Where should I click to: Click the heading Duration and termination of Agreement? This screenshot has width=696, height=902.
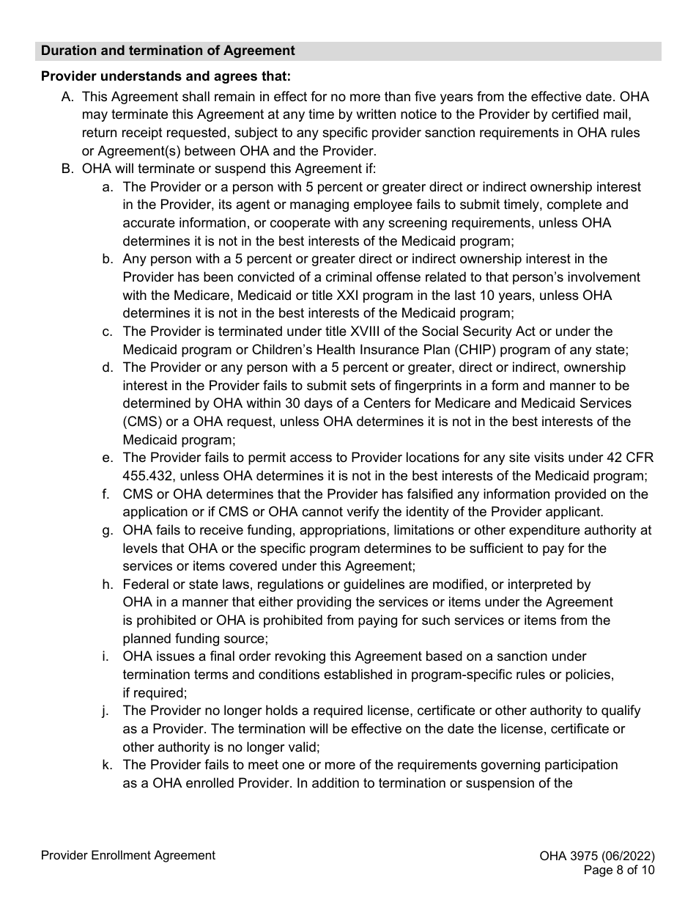tap(168, 51)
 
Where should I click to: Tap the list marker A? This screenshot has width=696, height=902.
tap(67, 97)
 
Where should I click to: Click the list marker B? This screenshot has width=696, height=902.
tap(67, 169)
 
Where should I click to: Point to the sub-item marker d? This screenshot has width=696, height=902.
tap(108, 367)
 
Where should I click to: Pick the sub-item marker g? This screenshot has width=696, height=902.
tap(108, 530)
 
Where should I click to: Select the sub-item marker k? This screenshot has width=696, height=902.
tap(108, 765)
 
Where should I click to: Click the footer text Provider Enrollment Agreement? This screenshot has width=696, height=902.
tap(128, 855)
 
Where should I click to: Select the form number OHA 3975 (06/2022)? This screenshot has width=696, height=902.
tap(596, 856)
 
